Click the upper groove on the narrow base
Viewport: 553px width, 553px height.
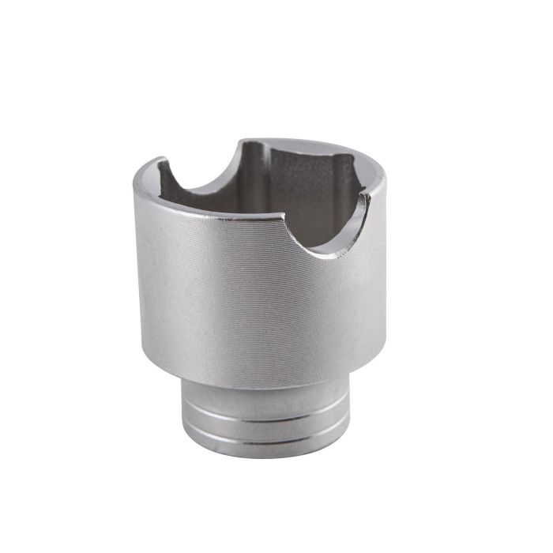click(x=265, y=417)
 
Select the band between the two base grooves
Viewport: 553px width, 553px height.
click(x=265, y=428)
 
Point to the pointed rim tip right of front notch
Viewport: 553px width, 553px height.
click(x=367, y=195)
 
